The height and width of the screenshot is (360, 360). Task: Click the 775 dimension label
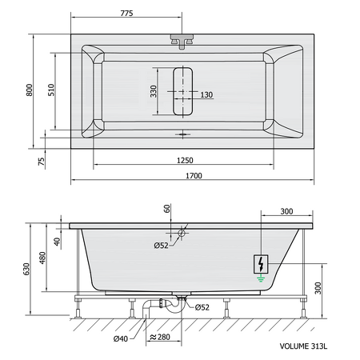click(x=126, y=13)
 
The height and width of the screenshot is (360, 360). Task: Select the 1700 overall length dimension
click(x=194, y=176)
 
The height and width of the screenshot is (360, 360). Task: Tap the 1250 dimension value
click(x=185, y=160)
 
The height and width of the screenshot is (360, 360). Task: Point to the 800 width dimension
click(x=29, y=90)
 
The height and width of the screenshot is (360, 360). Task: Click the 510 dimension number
click(x=51, y=90)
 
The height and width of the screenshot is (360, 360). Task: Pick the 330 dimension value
click(x=154, y=91)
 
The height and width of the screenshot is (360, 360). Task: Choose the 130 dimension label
click(x=206, y=94)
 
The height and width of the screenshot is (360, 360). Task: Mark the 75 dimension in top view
click(x=42, y=162)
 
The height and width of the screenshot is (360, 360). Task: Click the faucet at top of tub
click(x=182, y=42)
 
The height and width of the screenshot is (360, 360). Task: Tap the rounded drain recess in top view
click(x=182, y=91)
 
